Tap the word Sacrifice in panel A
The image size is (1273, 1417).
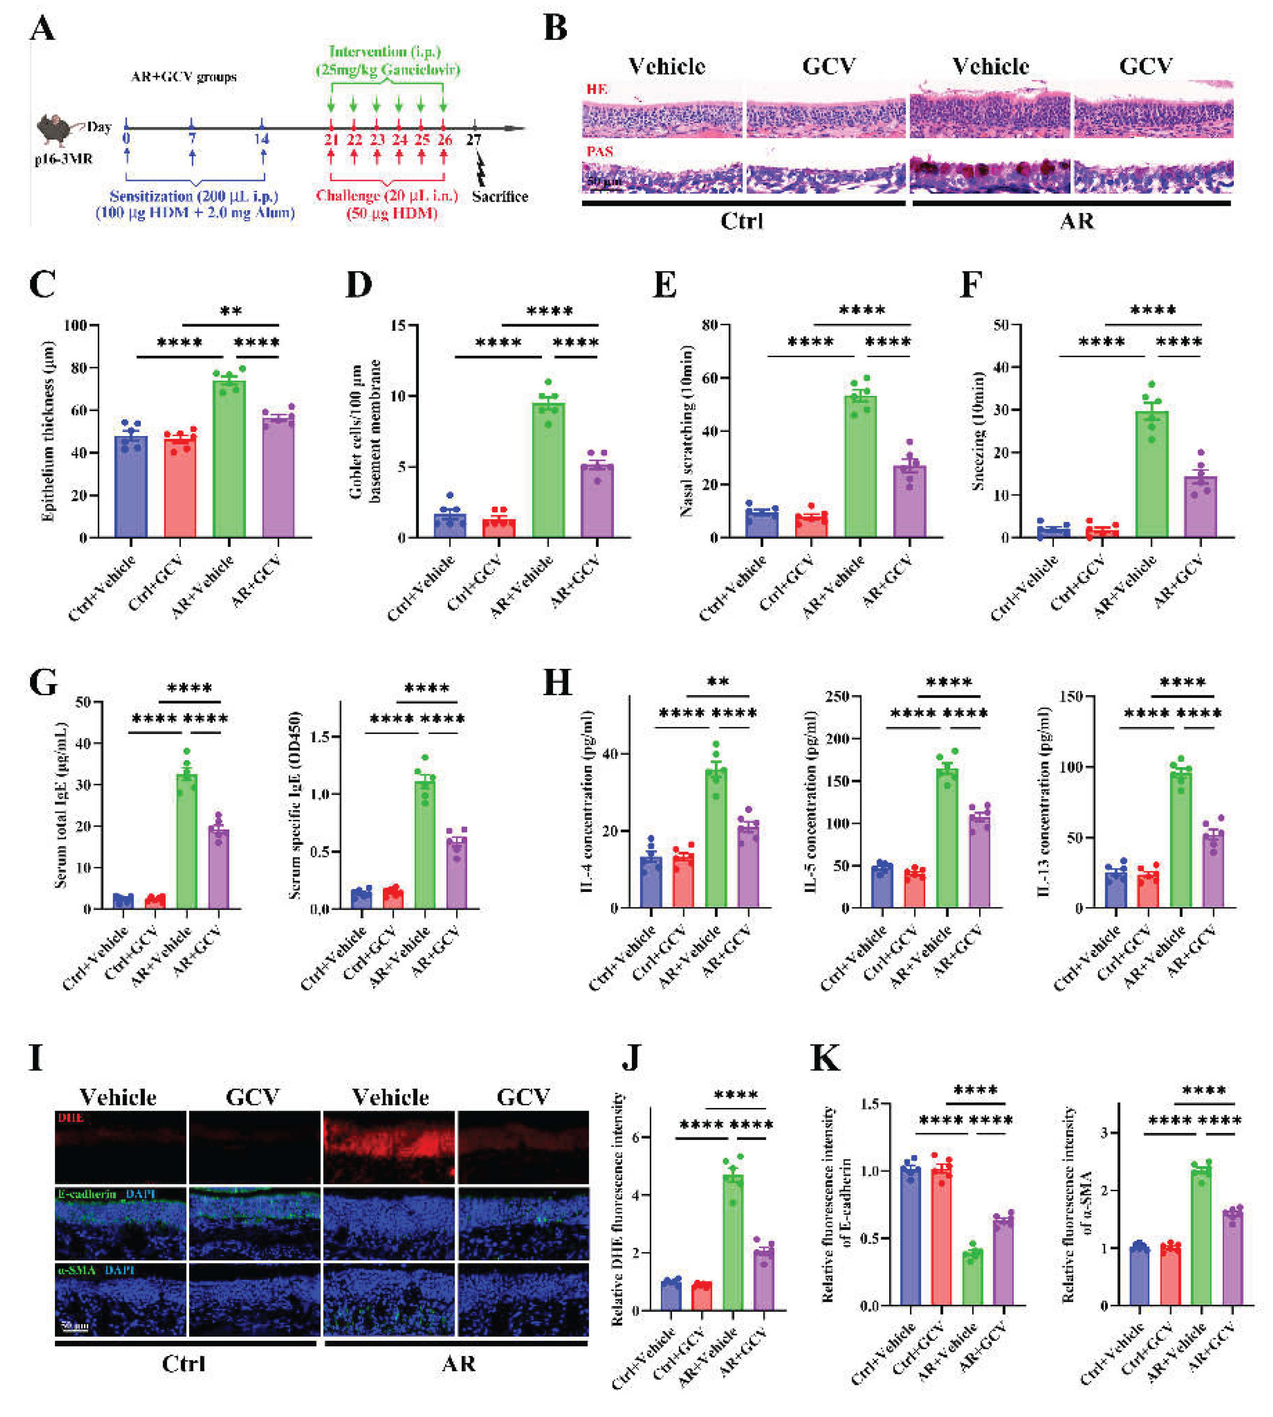[x=499, y=197]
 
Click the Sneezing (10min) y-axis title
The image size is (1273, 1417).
[x=979, y=429]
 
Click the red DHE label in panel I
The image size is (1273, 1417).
[x=71, y=1118]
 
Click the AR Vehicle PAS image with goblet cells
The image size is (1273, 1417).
[x=990, y=177]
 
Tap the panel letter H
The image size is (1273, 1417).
[x=558, y=682]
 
